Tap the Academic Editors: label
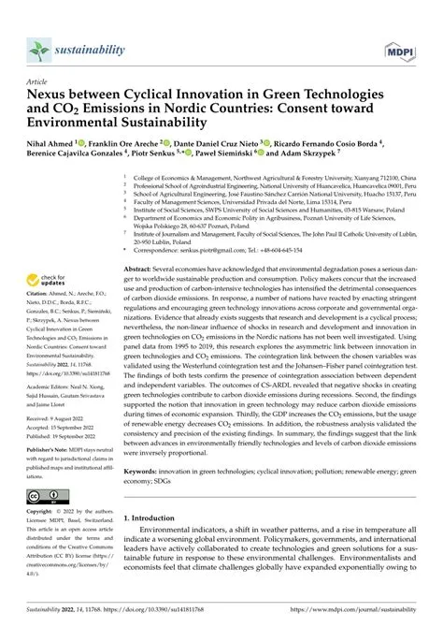click(x=54, y=385)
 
